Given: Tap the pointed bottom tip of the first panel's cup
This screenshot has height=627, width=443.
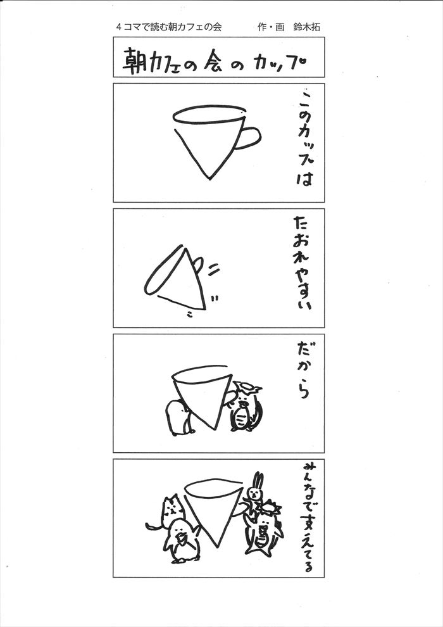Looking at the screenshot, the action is (209, 179).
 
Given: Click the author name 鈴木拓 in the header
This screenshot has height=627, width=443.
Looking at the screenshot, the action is (307, 27).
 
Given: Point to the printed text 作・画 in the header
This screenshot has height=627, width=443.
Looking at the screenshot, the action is (271, 27).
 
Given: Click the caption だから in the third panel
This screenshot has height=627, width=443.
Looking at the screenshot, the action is (304, 370).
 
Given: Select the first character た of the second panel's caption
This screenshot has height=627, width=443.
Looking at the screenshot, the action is (303, 224).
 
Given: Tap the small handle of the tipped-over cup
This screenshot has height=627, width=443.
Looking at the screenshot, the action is (197, 263).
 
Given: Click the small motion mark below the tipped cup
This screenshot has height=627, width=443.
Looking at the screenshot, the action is (189, 314).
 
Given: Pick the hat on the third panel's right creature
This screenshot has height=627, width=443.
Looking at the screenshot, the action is (248, 387).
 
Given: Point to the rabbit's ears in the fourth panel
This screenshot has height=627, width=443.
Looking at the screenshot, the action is (258, 479).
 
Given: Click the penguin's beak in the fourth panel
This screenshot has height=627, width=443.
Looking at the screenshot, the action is (182, 538).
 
